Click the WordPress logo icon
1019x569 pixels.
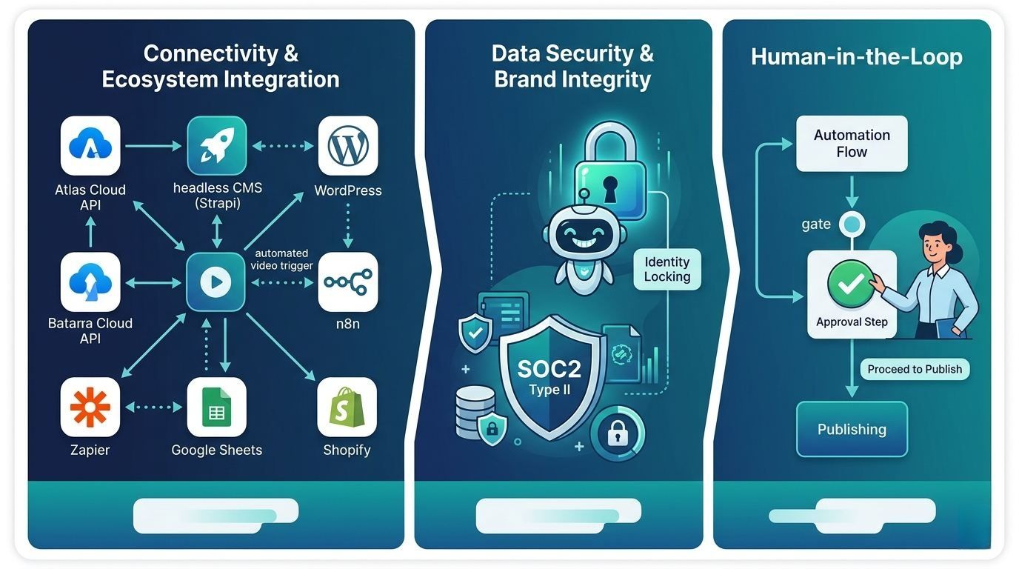348,146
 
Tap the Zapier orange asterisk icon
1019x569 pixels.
90,407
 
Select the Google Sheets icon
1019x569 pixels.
216,407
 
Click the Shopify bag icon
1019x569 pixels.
347,407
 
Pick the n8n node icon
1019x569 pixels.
348,282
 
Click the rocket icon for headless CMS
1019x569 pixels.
216,146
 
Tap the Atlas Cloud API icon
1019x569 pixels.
90,146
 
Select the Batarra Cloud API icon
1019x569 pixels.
90,282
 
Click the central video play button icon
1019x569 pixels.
216,282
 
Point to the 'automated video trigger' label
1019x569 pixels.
281,259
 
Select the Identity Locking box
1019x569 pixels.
666,269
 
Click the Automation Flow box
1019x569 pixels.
852,144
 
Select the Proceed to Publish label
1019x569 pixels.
915,369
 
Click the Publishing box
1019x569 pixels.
852,429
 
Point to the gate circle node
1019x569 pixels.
852,224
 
